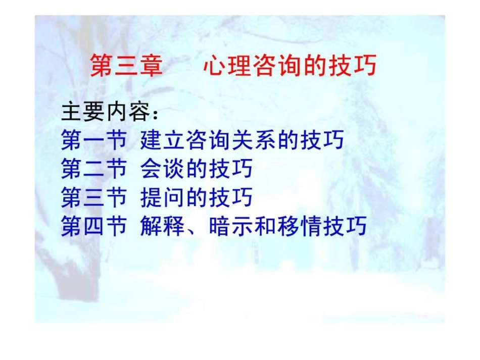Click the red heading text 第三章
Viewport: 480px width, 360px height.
click(x=126, y=66)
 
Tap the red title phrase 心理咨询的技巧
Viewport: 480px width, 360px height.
click(x=290, y=66)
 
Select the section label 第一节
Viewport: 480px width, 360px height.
click(x=93, y=140)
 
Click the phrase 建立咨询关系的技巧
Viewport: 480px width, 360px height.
click(x=242, y=140)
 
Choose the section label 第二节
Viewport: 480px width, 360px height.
click(x=93, y=169)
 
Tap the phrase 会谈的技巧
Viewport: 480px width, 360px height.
click(x=197, y=169)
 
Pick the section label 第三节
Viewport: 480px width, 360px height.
click(x=93, y=197)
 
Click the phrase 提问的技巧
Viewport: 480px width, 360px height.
click(x=197, y=197)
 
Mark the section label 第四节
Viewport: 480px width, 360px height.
click(x=93, y=226)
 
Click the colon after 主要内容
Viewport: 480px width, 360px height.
click(x=155, y=114)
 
